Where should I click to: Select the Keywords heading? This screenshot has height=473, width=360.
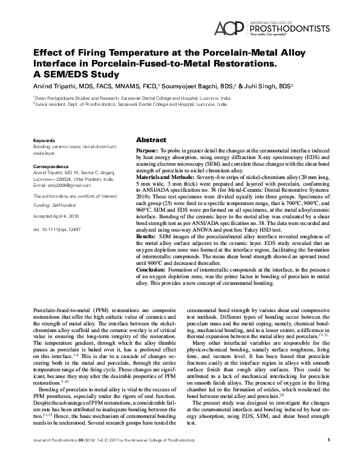tap(44, 140)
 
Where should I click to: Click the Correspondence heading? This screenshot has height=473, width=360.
tap(52, 165)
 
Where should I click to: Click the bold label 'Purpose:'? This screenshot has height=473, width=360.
tap(148, 149)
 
